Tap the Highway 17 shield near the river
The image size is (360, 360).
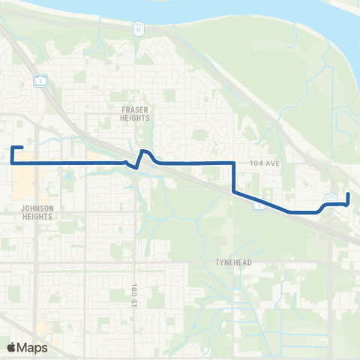(137, 28)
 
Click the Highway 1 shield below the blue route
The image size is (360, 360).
(258, 204)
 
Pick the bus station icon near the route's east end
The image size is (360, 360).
(329, 196)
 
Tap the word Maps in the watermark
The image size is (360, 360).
(34, 347)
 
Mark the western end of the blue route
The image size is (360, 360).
(23, 148)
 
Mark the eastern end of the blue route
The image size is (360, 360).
(348, 195)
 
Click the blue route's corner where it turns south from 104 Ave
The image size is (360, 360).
(235, 162)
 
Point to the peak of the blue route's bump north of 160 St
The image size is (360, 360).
(144, 151)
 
